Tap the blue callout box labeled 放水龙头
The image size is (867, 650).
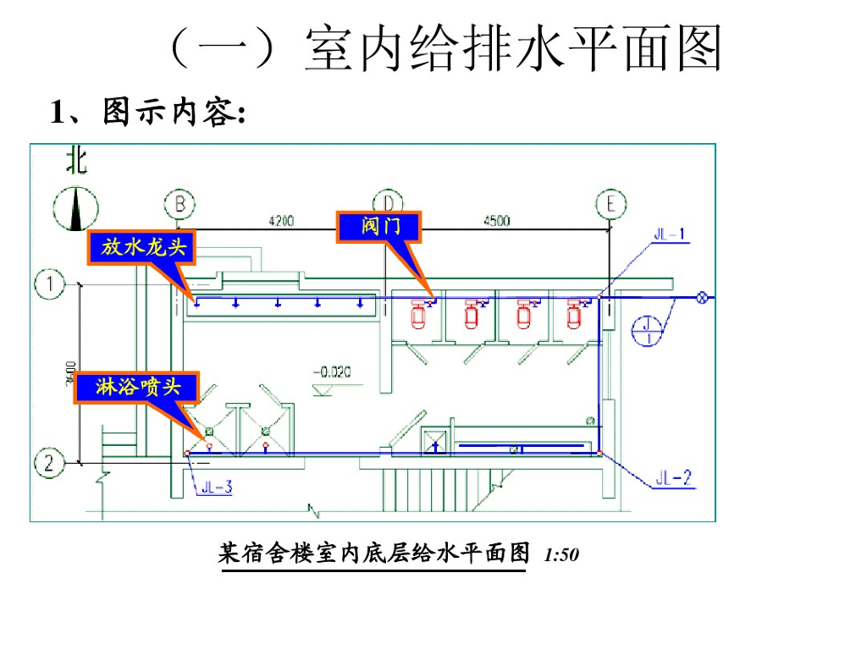click(141, 247)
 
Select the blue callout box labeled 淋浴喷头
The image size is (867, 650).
click(138, 388)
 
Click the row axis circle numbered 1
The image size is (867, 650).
click(50, 284)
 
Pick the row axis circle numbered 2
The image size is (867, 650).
click(50, 463)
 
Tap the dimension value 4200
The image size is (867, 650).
click(281, 221)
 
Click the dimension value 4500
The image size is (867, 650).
click(496, 221)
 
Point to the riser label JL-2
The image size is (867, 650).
click(675, 479)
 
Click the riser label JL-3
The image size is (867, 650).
click(216, 487)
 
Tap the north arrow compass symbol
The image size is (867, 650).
click(75, 208)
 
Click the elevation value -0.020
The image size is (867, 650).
click(332, 372)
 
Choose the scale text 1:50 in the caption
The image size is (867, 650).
click(561, 556)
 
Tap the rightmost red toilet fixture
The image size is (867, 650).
click(577, 315)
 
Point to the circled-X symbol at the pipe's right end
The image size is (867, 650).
click(702, 297)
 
